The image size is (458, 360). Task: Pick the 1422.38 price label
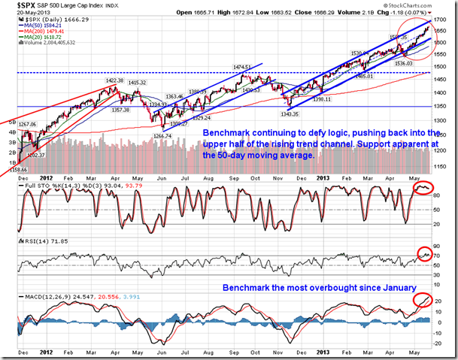[x=116, y=80]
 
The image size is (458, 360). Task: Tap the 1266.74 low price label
[x=164, y=136]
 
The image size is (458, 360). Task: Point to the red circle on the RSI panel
[x=425, y=254]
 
